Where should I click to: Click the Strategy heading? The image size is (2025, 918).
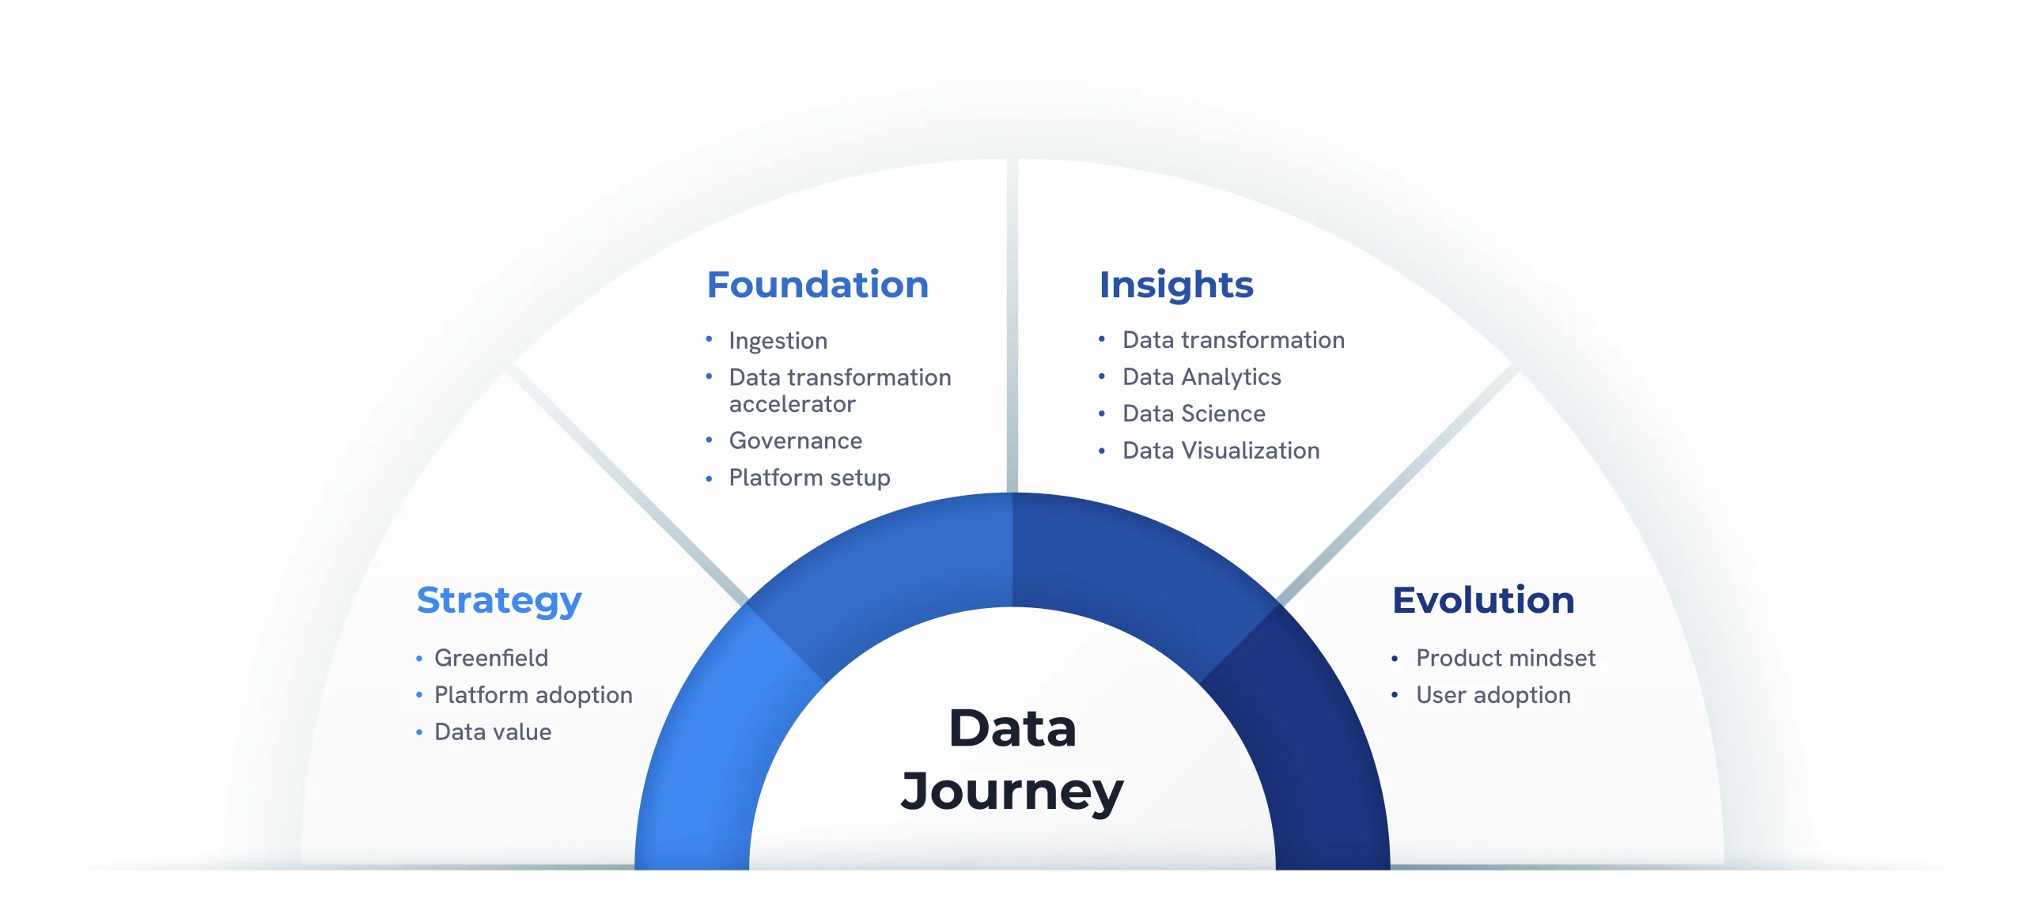[498, 601]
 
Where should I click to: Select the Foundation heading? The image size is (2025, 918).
[817, 285]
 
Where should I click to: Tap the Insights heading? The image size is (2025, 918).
[1175, 285]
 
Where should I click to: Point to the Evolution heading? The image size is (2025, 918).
[1483, 600]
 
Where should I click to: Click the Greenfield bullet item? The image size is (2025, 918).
[490, 658]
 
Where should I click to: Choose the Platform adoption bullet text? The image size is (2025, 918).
[533, 695]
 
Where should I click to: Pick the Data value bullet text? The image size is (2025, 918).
[493, 732]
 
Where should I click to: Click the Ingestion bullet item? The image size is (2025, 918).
[778, 341]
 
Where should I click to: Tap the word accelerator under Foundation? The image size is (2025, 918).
[792, 405]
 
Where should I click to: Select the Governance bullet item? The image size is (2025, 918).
[795, 441]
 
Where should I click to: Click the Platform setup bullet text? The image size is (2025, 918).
[809, 478]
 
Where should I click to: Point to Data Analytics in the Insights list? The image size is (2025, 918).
[1201, 377]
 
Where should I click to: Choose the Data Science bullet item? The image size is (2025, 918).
[1193, 414]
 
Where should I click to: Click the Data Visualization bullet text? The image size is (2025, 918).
[1221, 451]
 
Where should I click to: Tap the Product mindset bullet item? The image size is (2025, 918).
[1505, 658]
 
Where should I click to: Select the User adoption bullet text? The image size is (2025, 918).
[1493, 695]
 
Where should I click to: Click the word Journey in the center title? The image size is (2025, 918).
[1012, 791]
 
